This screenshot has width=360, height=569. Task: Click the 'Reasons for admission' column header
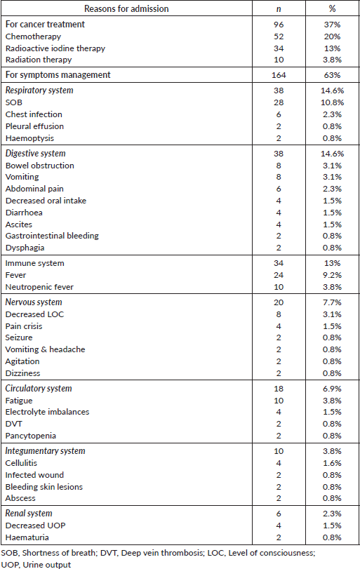point(126,8)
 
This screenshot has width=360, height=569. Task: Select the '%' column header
point(332,8)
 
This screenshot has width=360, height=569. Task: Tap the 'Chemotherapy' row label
point(33,36)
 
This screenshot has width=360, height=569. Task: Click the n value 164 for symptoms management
point(279,75)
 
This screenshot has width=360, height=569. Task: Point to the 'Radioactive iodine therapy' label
point(55,48)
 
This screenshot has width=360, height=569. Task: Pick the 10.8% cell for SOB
point(332,102)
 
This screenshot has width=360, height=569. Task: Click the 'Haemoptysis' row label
point(29,139)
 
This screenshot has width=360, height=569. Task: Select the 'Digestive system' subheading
point(36,154)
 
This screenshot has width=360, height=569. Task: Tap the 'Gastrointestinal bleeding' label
point(52,236)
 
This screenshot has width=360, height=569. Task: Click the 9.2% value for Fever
point(332,275)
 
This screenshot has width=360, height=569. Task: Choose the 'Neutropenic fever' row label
point(39,287)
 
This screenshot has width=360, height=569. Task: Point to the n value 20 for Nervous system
point(279,302)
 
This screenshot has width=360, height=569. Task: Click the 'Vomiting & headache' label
point(45,349)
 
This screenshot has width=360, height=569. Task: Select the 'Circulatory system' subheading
point(39,389)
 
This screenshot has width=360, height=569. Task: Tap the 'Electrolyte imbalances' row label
point(47,413)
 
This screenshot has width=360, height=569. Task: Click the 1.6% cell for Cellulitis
point(332,463)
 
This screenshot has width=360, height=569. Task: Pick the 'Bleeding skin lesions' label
point(44,487)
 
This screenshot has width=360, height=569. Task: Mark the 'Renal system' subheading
point(29,514)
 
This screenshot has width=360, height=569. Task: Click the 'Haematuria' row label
point(27,537)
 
